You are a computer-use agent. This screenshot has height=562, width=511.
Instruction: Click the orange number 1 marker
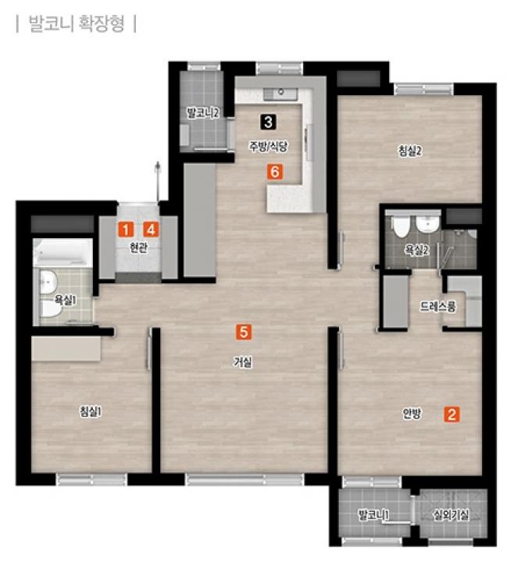tap(126, 229)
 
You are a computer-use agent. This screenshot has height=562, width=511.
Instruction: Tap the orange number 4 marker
tap(151, 229)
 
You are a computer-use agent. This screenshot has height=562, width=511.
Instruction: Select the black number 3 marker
tap(269, 122)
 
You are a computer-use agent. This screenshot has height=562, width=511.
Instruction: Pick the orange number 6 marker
tap(275, 172)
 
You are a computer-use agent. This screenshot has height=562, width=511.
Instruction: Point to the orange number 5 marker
tap(244, 332)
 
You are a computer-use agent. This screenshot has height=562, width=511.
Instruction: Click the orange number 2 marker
tap(452, 414)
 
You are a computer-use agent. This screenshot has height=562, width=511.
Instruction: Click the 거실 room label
tap(243, 362)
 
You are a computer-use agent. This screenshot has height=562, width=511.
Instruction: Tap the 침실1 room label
tap(91, 411)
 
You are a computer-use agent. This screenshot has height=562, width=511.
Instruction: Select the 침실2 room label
tap(410, 151)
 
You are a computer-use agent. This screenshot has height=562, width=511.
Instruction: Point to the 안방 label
tap(412, 414)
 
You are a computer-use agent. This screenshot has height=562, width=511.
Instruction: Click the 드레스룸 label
tap(438, 307)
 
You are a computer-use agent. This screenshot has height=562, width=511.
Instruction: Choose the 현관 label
tap(138, 247)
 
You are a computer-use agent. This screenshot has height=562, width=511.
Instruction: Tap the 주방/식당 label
tap(269, 146)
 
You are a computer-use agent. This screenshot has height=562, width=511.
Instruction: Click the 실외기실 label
tap(451, 515)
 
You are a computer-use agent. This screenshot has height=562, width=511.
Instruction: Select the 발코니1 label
tap(373, 515)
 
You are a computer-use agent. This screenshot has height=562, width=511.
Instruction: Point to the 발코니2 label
tap(203, 113)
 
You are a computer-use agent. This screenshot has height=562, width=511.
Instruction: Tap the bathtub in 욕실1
tap(63, 253)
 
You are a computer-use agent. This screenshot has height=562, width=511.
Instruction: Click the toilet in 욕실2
tap(401, 226)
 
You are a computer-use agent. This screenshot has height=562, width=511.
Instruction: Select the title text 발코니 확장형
tap(77, 23)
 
